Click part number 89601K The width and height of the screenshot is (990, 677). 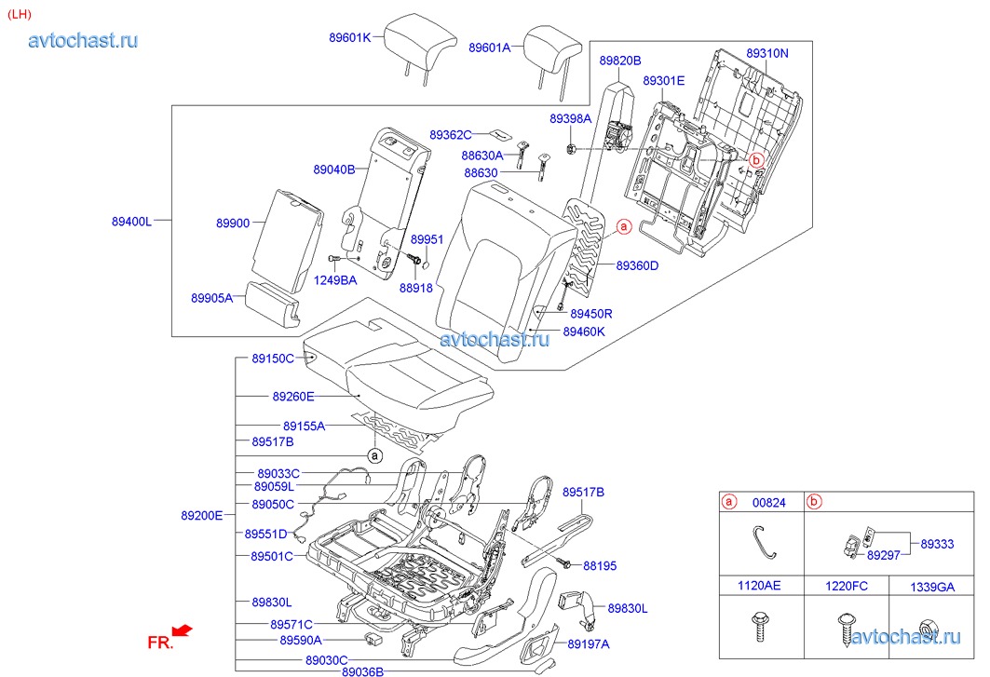[x=349, y=37]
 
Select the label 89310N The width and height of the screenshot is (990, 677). [x=766, y=53]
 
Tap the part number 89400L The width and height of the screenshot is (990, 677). [x=131, y=222]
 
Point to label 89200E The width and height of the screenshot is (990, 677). [x=201, y=515]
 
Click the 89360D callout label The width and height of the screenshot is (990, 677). [x=637, y=265]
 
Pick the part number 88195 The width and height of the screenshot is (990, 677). [x=600, y=565]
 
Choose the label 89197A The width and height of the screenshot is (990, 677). [x=588, y=643]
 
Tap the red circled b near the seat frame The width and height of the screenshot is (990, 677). [x=756, y=160]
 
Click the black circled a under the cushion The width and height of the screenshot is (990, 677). [x=374, y=455]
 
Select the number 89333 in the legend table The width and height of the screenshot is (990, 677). [x=937, y=544]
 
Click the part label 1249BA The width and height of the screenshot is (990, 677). [x=334, y=279]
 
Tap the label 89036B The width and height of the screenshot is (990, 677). [x=362, y=671]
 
